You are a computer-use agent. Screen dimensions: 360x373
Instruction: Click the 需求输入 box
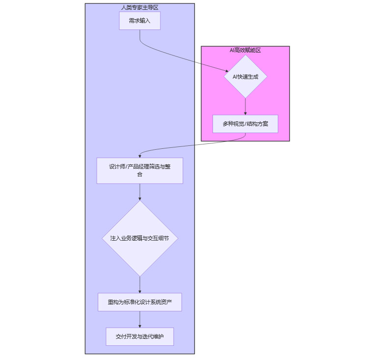[x=139, y=21]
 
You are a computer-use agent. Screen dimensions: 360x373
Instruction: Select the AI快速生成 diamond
[x=245, y=76]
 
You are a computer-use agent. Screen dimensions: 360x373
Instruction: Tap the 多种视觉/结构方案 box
[x=245, y=124]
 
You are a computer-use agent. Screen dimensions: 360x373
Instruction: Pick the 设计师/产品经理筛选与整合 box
[x=140, y=170]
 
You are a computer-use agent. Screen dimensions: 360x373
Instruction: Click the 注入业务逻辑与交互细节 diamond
[x=140, y=238]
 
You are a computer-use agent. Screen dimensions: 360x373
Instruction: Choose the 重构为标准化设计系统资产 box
[x=140, y=302]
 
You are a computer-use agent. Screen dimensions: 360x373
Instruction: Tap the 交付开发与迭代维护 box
[x=140, y=336]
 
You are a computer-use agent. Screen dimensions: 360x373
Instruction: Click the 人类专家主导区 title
[x=140, y=7]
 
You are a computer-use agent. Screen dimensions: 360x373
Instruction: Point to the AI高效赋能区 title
[x=245, y=50]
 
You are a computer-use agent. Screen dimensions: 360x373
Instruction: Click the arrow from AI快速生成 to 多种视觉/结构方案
[x=245, y=106]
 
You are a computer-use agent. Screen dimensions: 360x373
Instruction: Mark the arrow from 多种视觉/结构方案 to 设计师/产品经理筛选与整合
[x=191, y=145]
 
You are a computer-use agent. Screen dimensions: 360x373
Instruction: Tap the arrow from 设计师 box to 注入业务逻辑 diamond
[x=140, y=192]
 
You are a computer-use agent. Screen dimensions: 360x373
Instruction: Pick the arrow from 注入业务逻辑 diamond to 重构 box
[x=140, y=284]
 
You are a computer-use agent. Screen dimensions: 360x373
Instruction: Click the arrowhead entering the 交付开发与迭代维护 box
[x=140, y=326]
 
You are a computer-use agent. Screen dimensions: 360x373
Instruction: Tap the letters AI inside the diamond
[x=235, y=77]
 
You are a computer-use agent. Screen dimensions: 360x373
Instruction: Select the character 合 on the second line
[x=140, y=174]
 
